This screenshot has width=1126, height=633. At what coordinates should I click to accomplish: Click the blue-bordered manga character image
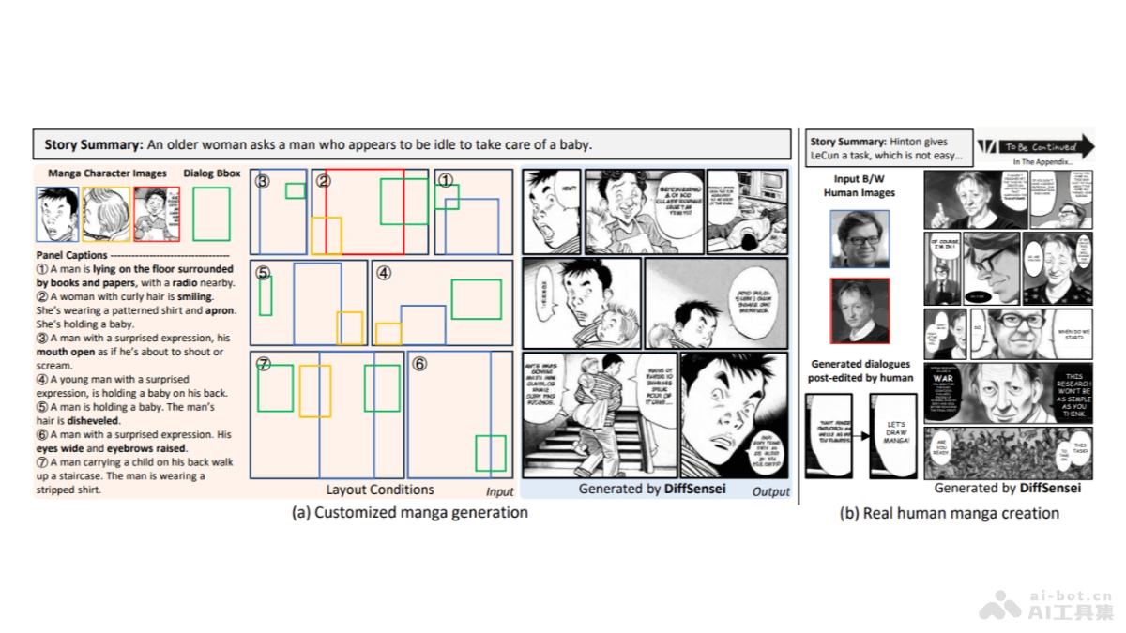point(57,214)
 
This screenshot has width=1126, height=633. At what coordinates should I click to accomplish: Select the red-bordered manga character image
point(156,214)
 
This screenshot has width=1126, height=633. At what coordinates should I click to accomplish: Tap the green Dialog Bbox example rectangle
point(211,214)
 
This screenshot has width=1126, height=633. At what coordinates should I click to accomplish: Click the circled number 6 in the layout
point(420,363)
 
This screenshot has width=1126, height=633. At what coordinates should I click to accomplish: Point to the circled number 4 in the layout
point(383,273)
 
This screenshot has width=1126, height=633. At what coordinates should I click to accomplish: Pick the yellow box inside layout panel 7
point(314,391)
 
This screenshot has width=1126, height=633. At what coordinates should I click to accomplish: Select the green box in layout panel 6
point(490,453)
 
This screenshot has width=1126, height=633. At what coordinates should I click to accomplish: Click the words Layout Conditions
point(379,490)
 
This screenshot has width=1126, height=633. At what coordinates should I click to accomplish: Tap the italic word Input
point(499,491)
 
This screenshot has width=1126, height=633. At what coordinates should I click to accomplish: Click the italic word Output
point(770,491)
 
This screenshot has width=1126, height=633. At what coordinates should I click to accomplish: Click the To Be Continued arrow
point(1035,147)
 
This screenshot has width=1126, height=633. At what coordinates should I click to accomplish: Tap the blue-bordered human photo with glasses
point(860,238)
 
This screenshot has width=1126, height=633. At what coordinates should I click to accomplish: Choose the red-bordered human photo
point(860,311)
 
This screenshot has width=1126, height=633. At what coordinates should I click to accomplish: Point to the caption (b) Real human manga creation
point(949,513)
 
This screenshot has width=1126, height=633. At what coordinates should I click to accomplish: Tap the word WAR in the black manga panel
point(943,378)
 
